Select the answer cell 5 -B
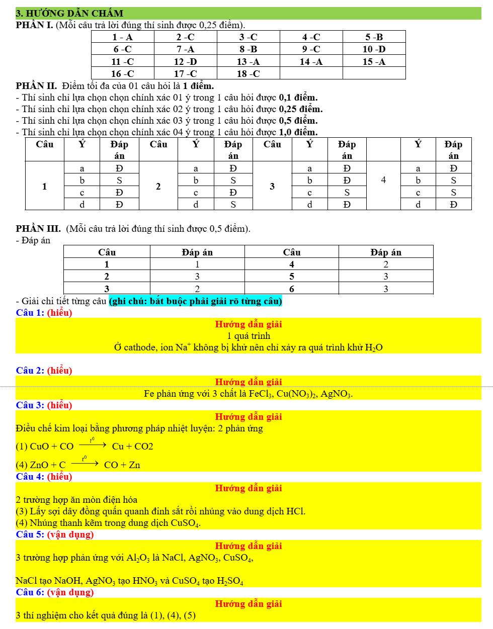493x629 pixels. click(374, 37)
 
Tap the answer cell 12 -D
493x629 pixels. click(185, 62)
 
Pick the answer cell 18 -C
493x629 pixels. click(248, 74)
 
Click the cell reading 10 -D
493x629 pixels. click(374, 49)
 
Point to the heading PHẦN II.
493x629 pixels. click(36, 86)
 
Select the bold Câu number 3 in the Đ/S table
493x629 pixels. click(272, 187)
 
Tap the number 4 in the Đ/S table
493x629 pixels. click(383, 180)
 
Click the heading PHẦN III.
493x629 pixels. click(38, 229)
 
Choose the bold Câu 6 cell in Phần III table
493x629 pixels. click(291, 289)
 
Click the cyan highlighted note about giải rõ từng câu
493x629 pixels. click(195, 301)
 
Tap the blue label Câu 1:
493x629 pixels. click(30, 313)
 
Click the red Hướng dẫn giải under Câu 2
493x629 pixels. click(249, 382)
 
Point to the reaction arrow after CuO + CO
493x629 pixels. click(93, 445)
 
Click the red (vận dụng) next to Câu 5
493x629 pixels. click(70, 534)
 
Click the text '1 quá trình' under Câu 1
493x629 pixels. click(249, 336)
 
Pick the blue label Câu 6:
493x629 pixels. click(30, 592)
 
